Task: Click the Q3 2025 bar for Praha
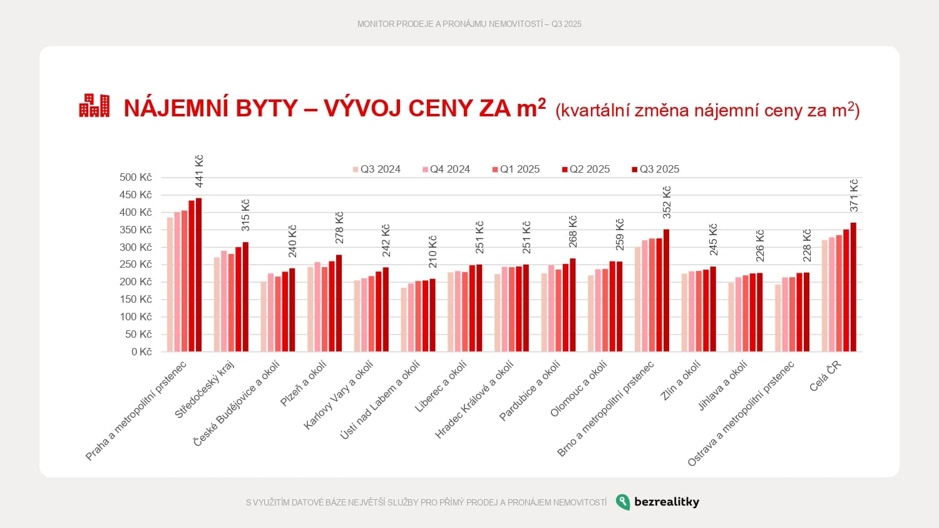[x=199, y=275]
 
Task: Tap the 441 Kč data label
[x=199, y=171]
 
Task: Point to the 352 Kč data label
[x=667, y=202]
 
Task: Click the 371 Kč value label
[x=854, y=195]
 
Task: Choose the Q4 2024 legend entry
[x=446, y=170]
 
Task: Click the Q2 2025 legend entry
[x=586, y=170]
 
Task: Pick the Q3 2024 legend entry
[x=377, y=170]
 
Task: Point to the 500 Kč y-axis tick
[x=136, y=178]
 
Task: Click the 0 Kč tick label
[x=141, y=352]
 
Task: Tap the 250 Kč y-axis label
[x=136, y=265]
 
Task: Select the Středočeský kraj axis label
[x=204, y=390]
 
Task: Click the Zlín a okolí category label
[x=680, y=381]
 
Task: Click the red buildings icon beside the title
[x=94, y=106]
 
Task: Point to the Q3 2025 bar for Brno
[x=667, y=290]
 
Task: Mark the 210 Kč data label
[x=433, y=251]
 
